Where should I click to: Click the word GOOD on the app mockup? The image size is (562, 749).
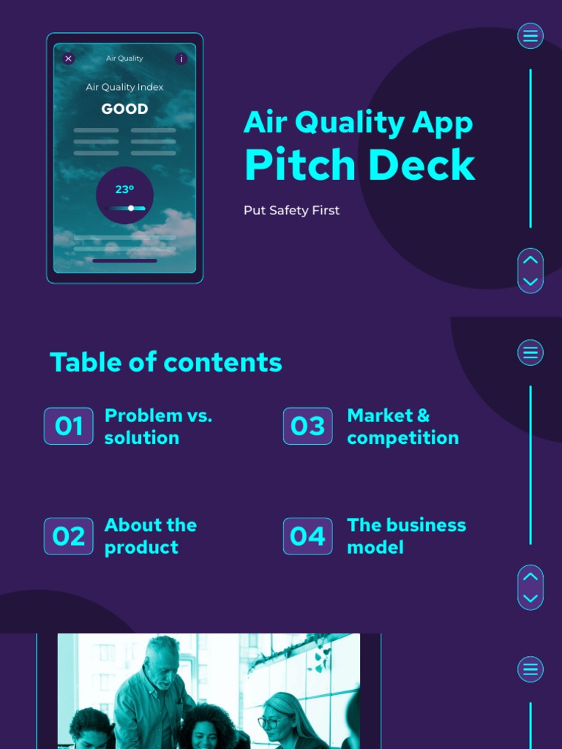point(124,109)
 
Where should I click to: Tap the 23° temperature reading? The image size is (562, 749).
point(124,189)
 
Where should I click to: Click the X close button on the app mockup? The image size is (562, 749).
point(68,59)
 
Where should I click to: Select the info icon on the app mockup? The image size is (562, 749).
point(181,59)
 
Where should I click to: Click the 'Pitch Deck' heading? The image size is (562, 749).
point(359,165)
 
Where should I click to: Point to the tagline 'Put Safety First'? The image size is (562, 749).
point(291,211)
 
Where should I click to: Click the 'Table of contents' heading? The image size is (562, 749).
point(165,362)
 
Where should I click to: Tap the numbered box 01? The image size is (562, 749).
point(69,426)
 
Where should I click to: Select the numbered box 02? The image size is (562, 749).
point(69,536)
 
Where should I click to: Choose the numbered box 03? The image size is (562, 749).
point(307,426)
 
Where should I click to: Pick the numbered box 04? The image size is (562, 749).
point(307,536)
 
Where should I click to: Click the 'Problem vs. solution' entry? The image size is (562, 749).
point(157,426)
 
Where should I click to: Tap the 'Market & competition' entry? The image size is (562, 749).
point(402,426)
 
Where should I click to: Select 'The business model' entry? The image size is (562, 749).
point(406,536)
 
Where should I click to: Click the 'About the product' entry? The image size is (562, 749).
point(150,536)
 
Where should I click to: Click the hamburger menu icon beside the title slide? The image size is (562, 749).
point(531,36)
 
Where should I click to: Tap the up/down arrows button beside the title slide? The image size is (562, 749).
point(531,271)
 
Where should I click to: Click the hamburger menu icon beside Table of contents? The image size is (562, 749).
point(531,353)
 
